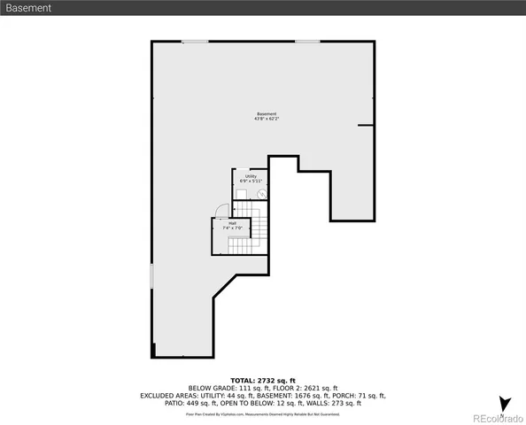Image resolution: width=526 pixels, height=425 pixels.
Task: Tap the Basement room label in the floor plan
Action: pos(267,113)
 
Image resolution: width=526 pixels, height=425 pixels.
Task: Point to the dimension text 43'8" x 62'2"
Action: pos(267,120)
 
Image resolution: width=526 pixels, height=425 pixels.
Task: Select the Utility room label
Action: pos(251,176)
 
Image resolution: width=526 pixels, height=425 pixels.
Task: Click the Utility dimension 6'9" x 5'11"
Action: pos(251,182)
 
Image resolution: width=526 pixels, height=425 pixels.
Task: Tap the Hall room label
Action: pos(232,223)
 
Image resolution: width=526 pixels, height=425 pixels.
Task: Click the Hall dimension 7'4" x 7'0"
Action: pos(232,228)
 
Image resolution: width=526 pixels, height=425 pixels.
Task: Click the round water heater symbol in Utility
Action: pos(260,193)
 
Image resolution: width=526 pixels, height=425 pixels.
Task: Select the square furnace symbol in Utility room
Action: pos(241,193)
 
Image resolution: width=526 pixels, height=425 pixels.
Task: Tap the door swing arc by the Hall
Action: pos(222,211)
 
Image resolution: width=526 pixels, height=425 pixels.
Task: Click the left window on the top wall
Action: pos(195,41)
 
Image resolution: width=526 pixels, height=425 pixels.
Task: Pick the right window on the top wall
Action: pos(307,41)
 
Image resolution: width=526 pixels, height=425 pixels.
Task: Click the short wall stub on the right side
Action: pos(366,126)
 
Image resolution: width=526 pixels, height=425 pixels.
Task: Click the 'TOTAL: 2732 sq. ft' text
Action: pos(262,379)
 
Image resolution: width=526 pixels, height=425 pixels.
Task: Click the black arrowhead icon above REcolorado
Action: pos(504,405)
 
